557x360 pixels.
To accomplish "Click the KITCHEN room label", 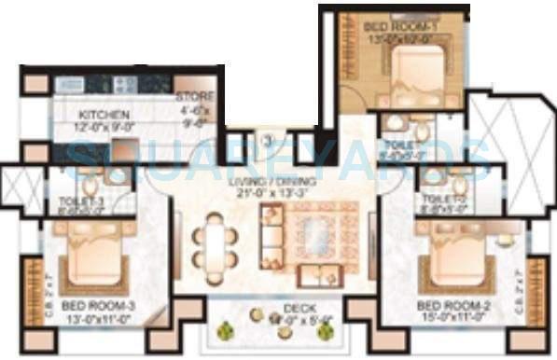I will [96, 113].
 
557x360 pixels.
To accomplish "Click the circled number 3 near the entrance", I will [267, 143].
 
